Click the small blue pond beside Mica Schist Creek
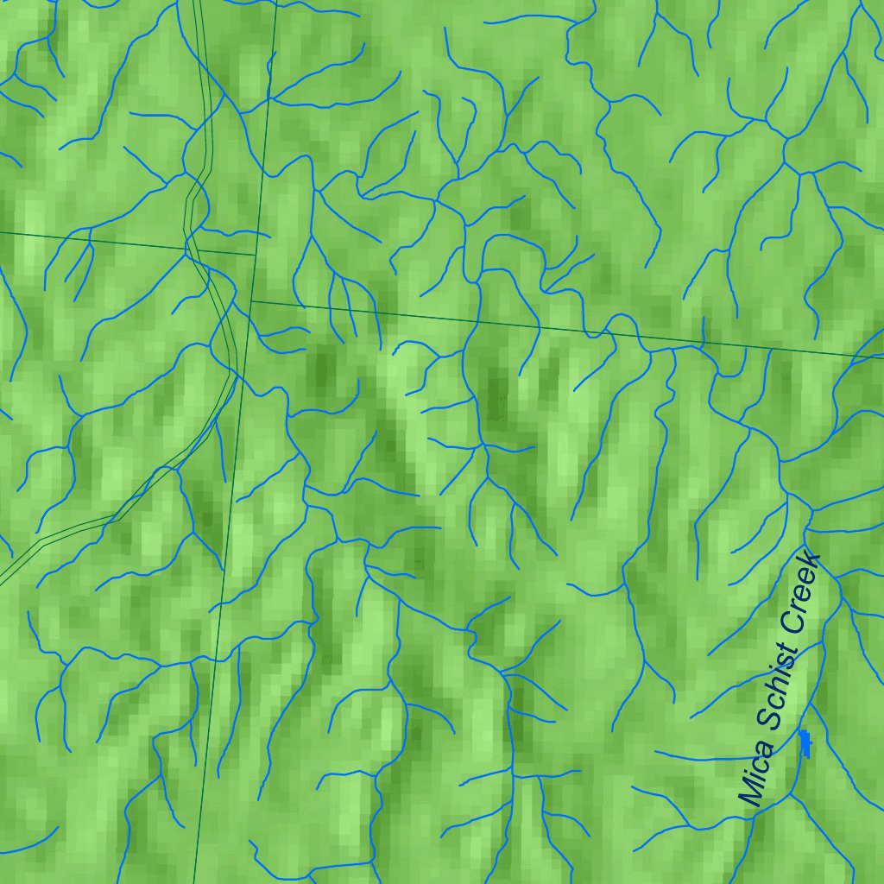pyautogui.click(x=805, y=742)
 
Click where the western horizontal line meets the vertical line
pyautogui.click(x=256, y=255)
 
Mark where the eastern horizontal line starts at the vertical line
pyautogui.click(x=251, y=301)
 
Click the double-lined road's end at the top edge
pyautogui.click(x=198, y=3)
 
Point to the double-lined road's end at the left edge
pyautogui.click(x=3, y=579)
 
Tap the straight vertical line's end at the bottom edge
pyautogui.click(x=195, y=881)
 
